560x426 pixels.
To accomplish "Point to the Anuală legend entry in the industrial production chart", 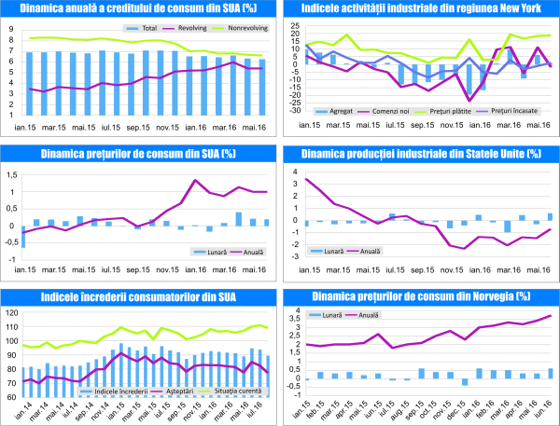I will (371, 251).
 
